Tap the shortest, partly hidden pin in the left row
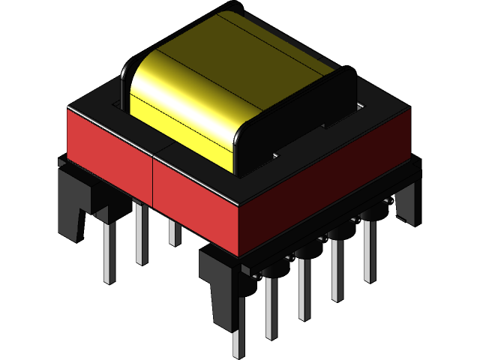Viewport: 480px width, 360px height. click(x=174, y=232)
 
